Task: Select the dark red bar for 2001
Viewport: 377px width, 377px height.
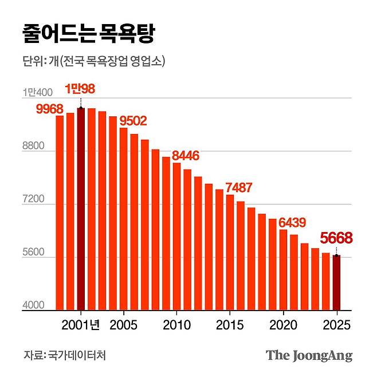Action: point(81,209)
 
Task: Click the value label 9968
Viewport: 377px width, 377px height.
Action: point(49,109)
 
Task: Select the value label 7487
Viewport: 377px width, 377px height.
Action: point(239,187)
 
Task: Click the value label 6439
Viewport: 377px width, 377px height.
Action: point(293,222)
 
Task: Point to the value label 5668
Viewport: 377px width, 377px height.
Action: point(336,238)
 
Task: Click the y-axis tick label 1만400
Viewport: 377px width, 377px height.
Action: point(38,92)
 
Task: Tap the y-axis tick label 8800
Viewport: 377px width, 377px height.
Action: point(33,147)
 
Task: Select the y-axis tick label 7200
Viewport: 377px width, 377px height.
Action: point(33,200)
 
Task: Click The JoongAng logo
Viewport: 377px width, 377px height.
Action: point(309,355)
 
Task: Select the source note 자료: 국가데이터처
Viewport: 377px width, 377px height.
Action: point(65,355)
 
